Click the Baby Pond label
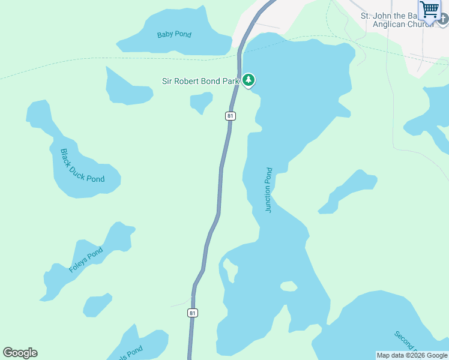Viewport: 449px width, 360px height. click(174, 35)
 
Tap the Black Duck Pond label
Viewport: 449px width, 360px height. click(82, 166)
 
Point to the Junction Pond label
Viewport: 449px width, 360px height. click(269, 190)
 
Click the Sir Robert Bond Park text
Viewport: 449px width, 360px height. click(200, 80)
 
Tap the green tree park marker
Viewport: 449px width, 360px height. click(249, 80)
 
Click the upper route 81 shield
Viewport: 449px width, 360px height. click(230, 116)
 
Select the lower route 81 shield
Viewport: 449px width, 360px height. click(192, 313)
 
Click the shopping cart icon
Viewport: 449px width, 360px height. click(430, 10)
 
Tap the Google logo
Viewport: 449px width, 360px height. click(20, 353)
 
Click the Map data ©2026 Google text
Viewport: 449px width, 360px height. click(412, 356)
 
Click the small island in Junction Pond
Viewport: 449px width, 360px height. click(289, 286)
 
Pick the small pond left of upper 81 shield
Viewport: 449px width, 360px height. click(201, 101)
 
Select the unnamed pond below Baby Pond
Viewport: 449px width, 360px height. click(127, 89)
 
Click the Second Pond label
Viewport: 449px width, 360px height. click(405, 341)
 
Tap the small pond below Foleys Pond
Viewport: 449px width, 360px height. click(96, 305)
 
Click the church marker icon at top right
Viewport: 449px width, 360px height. click(443, 18)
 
